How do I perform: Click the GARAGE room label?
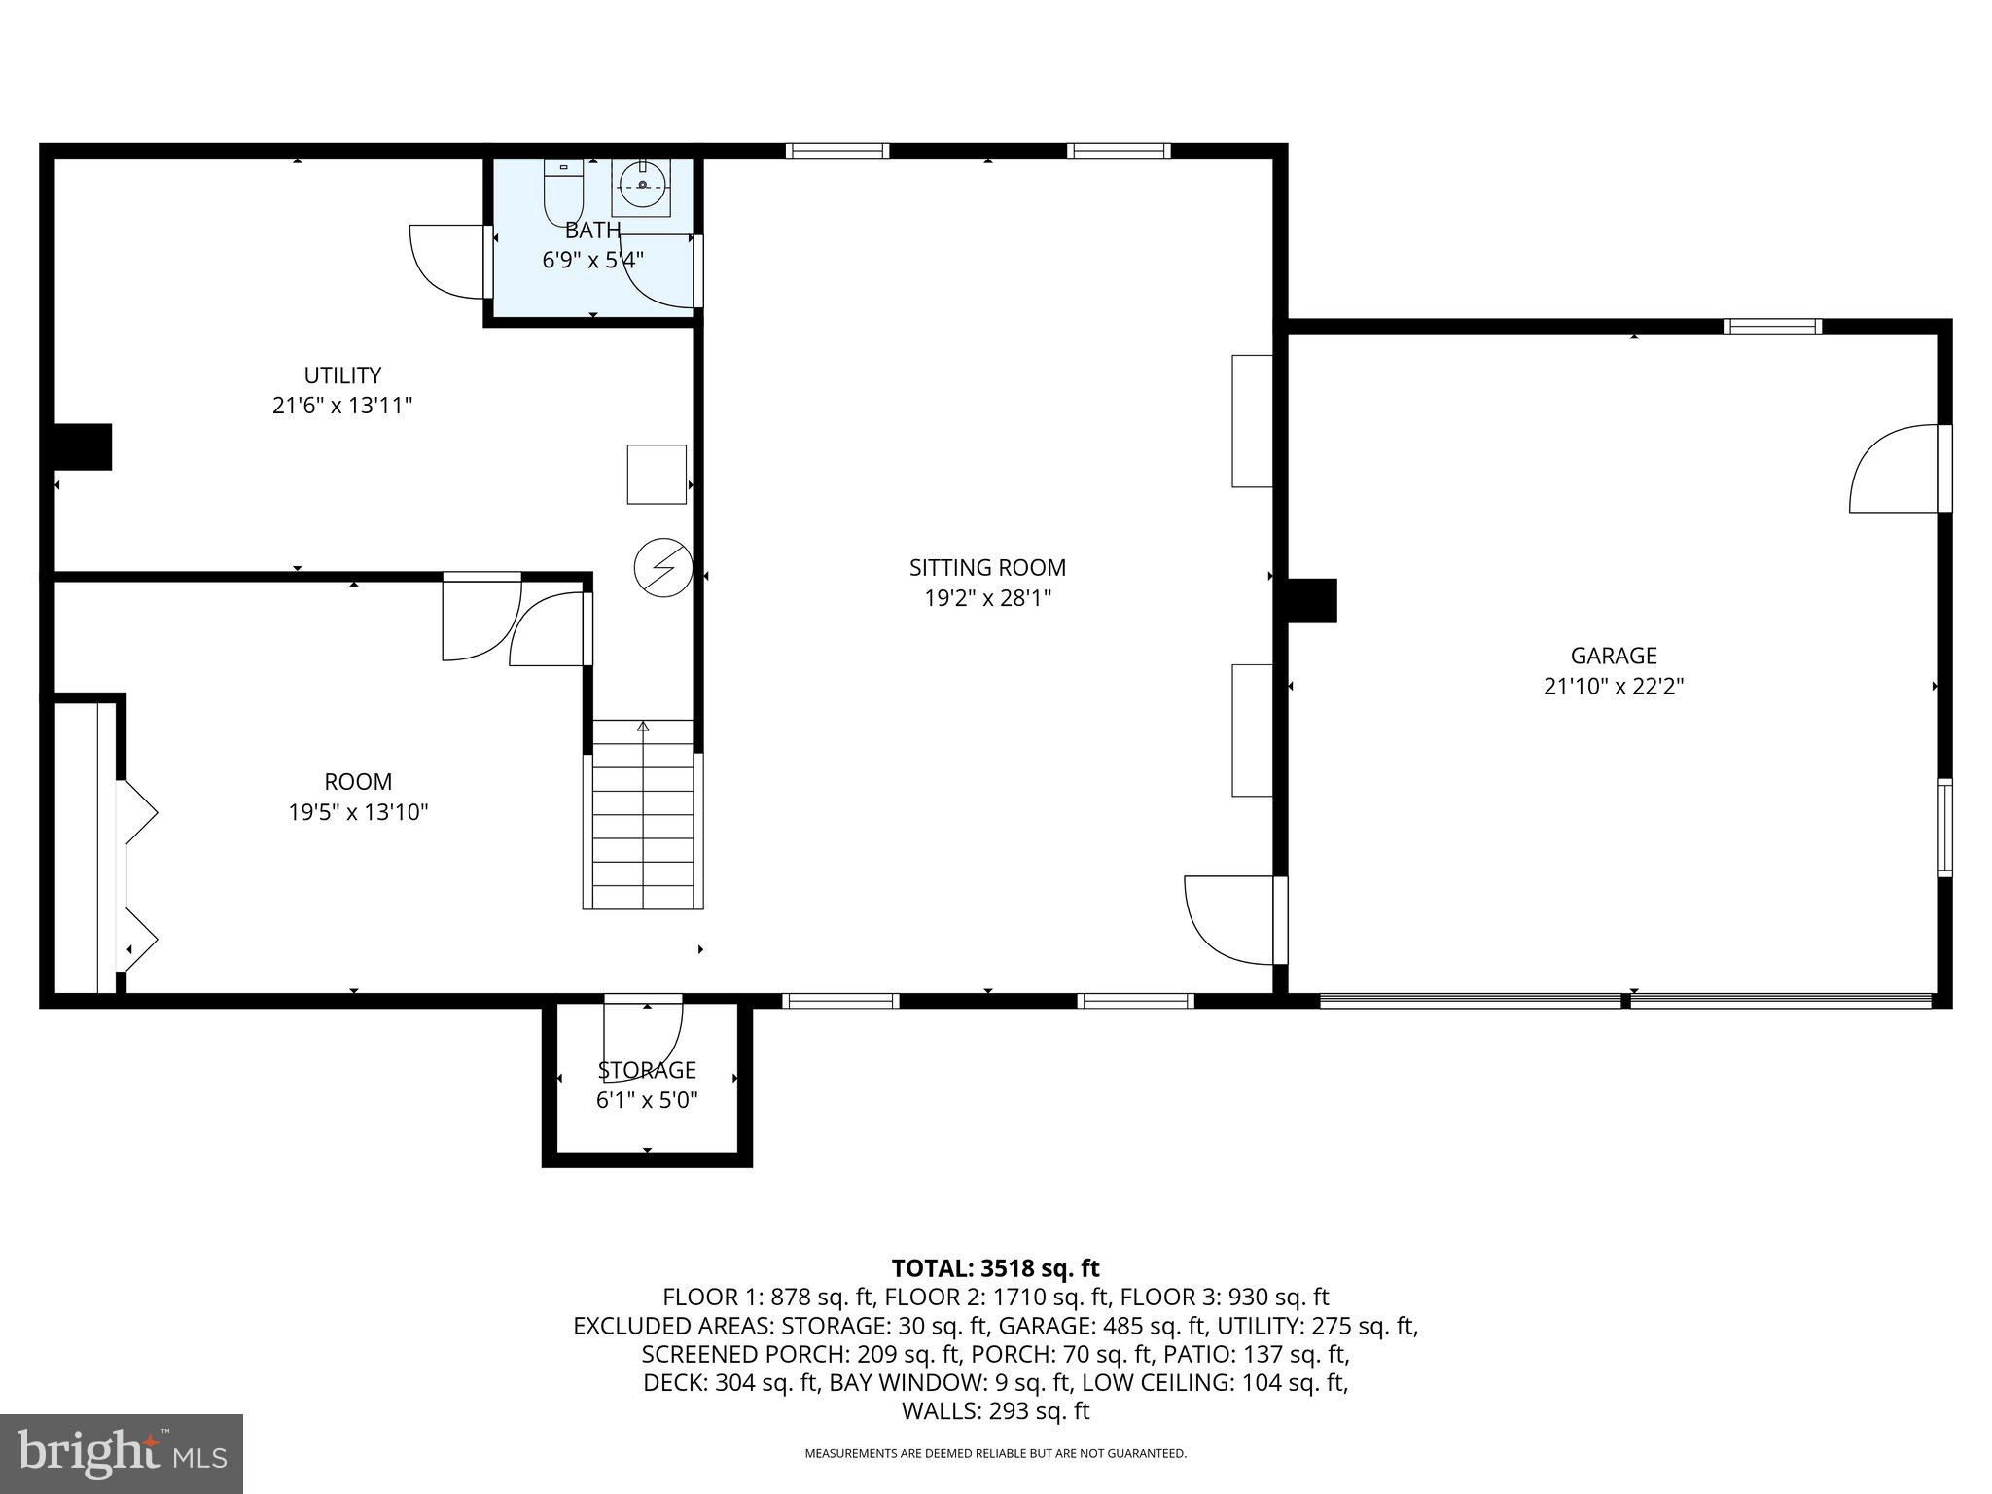click(x=1613, y=656)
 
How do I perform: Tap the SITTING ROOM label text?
click(x=987, y=567)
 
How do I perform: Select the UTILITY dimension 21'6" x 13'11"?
click(x=342, y=406)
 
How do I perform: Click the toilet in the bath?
click(x=562, y=192)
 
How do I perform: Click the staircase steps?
click(x=643, y=817)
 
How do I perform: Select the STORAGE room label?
click(x=647, y=1070)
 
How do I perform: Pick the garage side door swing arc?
click(x=1892, y=470)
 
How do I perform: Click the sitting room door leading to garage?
click(x=1230, y=919)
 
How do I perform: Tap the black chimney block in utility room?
click(x=82, y=447)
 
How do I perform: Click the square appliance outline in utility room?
click(x=657, y=475)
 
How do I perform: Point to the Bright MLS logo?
click(x=122, y=1453)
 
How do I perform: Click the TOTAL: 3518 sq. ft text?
click(x=995, y=1268)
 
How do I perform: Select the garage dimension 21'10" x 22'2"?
click(x=1613, y=687)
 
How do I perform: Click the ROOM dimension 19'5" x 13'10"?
click(x=358, y=812)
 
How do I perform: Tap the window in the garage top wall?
click(x=1772, y=327)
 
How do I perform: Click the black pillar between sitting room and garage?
click(x=1312, y=600)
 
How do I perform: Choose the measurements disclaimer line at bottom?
click(x=995, y=1454)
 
